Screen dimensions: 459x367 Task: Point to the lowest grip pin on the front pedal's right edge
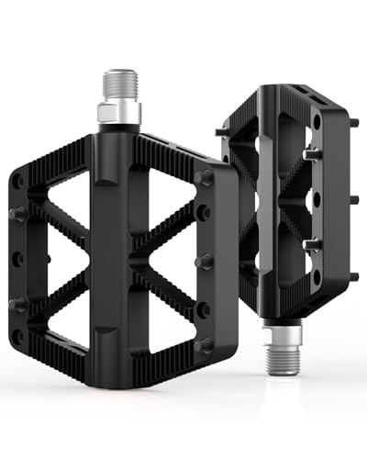click(204, 344)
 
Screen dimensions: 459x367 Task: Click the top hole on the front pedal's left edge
click(17, 182)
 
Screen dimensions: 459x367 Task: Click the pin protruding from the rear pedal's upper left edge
click(222, 132)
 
